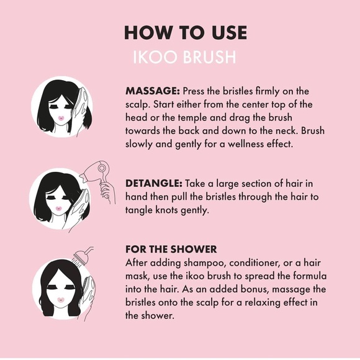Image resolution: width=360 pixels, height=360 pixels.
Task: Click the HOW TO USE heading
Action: pos(186,32)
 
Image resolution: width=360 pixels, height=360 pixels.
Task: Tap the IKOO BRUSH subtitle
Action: pos(184,57)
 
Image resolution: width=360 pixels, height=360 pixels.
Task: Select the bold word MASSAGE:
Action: pos(153,91)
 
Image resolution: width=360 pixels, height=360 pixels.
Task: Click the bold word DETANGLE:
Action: pos(154,184)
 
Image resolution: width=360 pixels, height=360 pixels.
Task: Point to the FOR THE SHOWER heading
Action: pos(171,249)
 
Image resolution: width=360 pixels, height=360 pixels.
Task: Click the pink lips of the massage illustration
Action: pos(61,118)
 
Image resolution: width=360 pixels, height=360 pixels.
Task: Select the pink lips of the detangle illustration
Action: pos(58,209)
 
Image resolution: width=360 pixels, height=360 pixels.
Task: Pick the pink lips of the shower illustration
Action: pos(60,300)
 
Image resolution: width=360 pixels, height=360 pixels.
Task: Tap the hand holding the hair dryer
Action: pos(107,192)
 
